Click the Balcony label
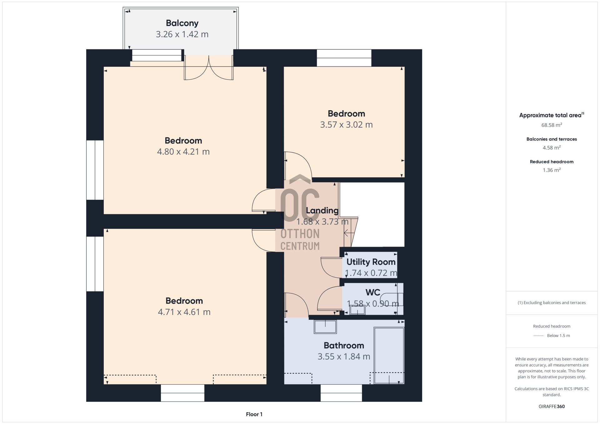(x=182, y=23)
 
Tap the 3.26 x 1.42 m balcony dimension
(x=182, y=34)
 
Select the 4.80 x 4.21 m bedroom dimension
(x=183, y=152)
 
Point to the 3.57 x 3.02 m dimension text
(x=346, y=125)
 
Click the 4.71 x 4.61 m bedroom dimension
(x=184, y=312)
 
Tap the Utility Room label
(x=371, y=262)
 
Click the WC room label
(x=373, y=293)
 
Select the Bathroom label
(x=344, y=346)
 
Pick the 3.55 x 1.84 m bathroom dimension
(x=344, y=357)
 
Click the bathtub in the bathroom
(x=389, y=355)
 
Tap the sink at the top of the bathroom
(x=325, y=327)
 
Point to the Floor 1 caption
(x=254, y=414)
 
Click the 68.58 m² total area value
(x=552, y=125)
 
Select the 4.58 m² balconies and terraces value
(x=552, y=148)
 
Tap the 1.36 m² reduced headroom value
(x=552, y=170)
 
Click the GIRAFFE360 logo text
(x=552, y=407)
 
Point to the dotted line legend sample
(x=538, y=336)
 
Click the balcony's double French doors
(x=208, y=67)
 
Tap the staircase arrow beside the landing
(x=349, y=233)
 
